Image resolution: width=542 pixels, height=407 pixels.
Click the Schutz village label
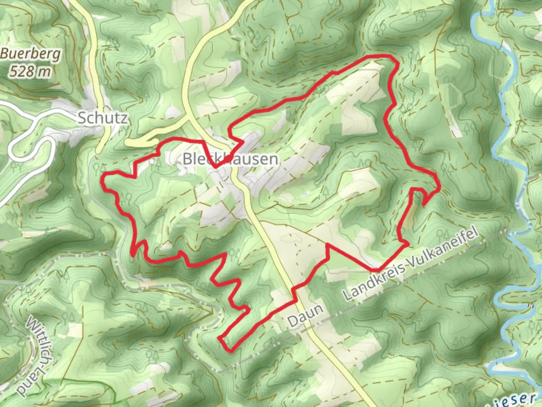(x=102, y=118)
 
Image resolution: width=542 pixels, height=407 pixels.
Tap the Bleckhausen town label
(x=230, y=159)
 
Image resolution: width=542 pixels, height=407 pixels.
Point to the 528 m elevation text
(x=30, y=71)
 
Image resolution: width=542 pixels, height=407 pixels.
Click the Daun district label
(x=305, y=316)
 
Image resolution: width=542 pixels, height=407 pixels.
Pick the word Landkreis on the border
(x=375, y=281)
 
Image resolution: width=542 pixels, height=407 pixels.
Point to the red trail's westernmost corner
(x=104, y=175)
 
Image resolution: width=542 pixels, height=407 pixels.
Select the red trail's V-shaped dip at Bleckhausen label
(x=215, y=167)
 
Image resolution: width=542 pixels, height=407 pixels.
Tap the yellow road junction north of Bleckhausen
(x=188, y=119)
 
